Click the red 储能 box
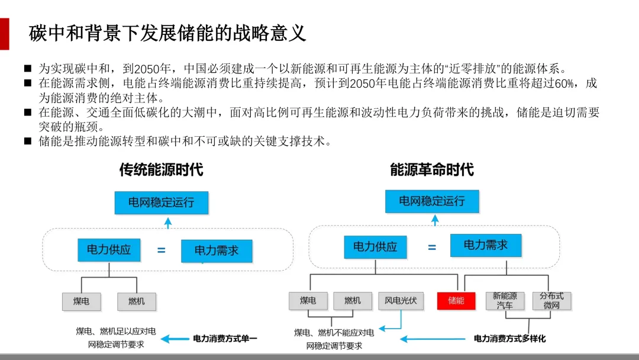[456, 301]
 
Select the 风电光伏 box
[401, 301]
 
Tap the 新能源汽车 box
[505, 301]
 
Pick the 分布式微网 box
[551, 301]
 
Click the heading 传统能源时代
[161, 170]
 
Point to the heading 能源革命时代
[432, 170]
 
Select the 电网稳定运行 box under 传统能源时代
[162, 202]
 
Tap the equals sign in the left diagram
[161, 250]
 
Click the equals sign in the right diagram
[432, 247]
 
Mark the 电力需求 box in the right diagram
[486, 245]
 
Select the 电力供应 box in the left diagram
[109, 250]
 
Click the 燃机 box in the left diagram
[136, 301]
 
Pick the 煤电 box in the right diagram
[308, 301]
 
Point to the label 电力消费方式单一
[225, 339]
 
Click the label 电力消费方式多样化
[509, 339]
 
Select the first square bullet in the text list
[28, 68]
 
